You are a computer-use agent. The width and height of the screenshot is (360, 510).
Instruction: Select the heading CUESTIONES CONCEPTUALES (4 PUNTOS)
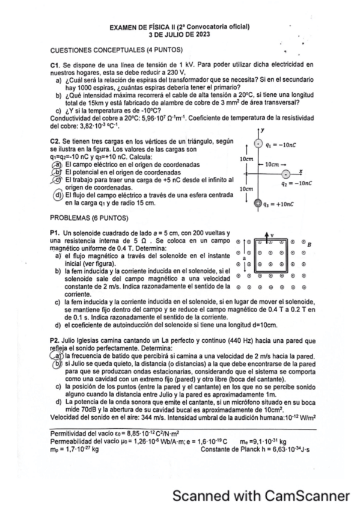click(117, 49)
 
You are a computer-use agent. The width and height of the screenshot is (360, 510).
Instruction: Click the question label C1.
click(54, 64)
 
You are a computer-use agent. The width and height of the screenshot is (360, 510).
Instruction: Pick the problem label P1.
click(53, 233)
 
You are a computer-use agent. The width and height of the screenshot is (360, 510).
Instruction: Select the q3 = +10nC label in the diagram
click(281, 204)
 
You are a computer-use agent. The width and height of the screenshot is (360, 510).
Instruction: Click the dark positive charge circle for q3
click(258, 204)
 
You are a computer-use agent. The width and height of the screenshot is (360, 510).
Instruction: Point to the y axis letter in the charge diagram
click(263, 129)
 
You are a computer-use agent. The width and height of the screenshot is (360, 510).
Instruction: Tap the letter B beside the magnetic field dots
click(309, 245)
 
